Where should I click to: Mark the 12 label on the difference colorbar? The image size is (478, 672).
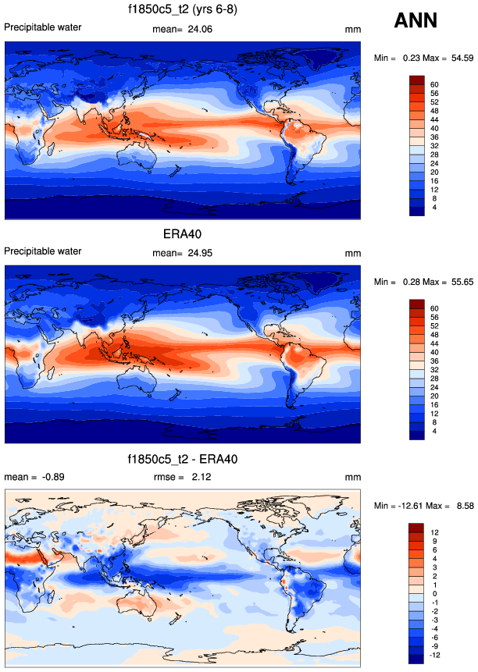pyautogui.click(x=435, y=532)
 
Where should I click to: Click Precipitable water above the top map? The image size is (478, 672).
pyautogui.click(x=43, y=28)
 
